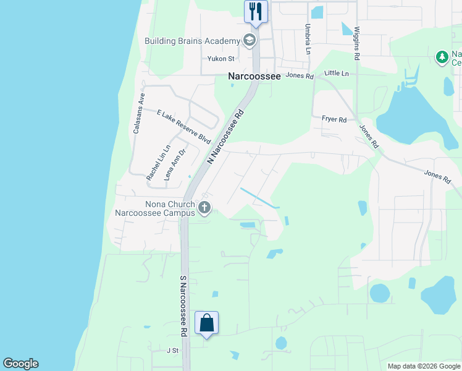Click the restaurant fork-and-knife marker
point(256,11)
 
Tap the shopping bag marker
point(206,323)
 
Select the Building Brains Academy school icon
point(250,41)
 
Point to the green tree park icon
point(442,58)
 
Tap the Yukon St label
point(221,59)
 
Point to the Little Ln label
point(337,73)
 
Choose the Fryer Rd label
point(334,119)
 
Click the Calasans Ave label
point(138,114)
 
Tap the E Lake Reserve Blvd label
point(184,127)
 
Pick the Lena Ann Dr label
point(175,164)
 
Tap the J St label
point(172,350)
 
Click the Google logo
point(20,364)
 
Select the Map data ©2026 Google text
point(423,366)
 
